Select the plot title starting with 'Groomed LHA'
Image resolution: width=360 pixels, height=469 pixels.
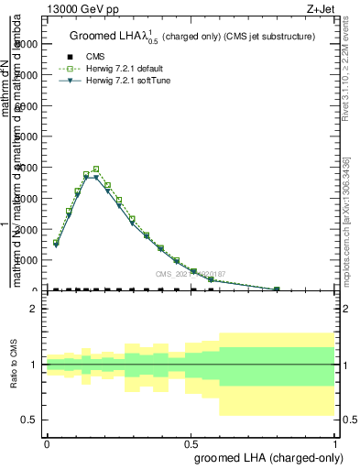192,37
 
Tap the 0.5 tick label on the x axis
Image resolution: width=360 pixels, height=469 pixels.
191,443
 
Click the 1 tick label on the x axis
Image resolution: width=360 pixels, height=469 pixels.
335,443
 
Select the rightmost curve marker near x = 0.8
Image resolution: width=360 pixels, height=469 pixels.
277,289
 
